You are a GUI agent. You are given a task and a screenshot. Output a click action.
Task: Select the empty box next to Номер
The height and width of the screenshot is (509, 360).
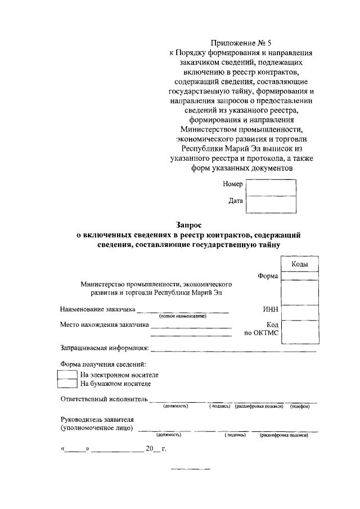pyautogui.click(x=272, y=187)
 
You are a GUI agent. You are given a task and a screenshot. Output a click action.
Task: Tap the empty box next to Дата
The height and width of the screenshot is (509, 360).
pyautogui.click(x=272, y=204)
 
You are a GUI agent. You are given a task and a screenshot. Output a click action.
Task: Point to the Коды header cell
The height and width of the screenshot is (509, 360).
pyautogui.click(x=299, y=264)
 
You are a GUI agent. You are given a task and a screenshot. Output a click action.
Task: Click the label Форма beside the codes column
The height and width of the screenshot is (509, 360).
pyautogui.click(x=268, y=276)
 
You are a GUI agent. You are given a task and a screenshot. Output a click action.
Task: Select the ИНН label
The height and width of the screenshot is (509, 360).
pyautogui.click(x=271, y=309)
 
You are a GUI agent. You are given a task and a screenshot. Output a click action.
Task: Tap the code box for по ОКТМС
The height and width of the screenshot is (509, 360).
pyautogui.click(x=299, y=331)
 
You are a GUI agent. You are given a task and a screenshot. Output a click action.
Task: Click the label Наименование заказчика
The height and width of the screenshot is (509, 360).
pyautogui.click(x=98, y=309)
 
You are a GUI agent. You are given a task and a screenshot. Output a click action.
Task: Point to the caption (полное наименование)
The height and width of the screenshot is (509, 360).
pyautogui.click(x=183, y=316)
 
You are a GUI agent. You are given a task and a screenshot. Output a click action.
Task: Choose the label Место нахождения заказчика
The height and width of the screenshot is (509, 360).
pyautogui.click(x=105, y=325)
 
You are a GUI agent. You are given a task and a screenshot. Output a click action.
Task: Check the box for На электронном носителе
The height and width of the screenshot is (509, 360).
pyautogui.click(x=67, y=375)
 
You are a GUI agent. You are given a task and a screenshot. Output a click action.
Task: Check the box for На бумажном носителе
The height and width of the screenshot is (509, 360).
pyautogui.click(x=67, y=384)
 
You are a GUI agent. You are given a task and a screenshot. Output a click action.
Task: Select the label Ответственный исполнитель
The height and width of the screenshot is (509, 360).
pyautogui.click(x=104, y=399)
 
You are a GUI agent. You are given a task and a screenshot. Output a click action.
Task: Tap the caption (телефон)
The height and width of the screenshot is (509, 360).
pyautogui.click(x=300, y=407)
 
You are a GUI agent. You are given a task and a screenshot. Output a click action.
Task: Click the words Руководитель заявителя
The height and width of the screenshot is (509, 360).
pyautogui.click(x=97, y=420)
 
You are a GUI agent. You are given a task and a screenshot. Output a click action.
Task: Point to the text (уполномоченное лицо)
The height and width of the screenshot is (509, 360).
pyautogui.click(x=97, y=428)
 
